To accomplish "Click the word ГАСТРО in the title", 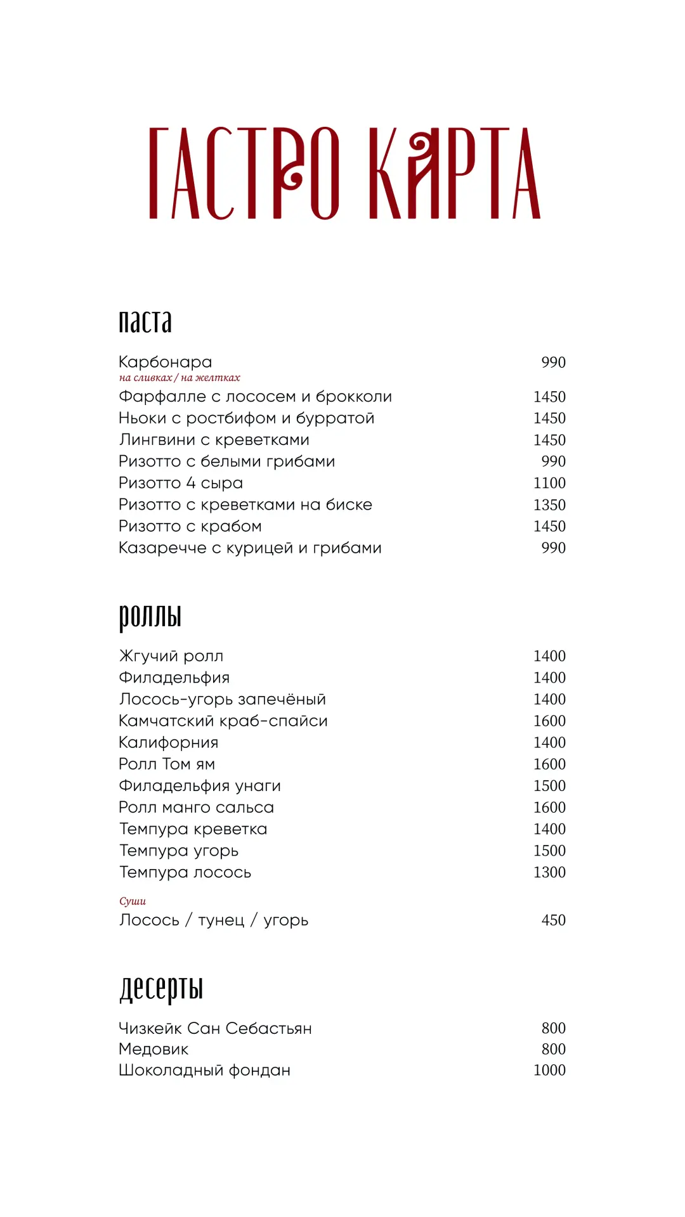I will pos(244,173).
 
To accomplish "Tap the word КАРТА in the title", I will pos(454,173).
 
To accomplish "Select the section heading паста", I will pos(145,321).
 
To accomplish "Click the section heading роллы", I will pos(150,615).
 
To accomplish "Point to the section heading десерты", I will pos(161,988).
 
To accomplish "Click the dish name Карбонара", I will pos(166,362).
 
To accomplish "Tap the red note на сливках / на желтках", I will pos(179,378).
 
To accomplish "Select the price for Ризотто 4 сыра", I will pos(549,483).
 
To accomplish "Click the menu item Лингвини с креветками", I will pos(214,440).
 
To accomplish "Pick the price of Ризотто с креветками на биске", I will pos(549,505).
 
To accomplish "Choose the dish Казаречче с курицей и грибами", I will pos(250,548).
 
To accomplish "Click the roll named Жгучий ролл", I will pos(171,656).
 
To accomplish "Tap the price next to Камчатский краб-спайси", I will pos(549,721).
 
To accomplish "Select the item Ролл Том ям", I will pos(167,764).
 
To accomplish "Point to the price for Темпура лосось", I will pos(549,872).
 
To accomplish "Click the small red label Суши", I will pos(133,901).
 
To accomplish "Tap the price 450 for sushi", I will pos(553,920).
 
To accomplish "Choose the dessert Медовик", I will pos(153,1049).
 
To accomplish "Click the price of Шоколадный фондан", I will pos(549,1070).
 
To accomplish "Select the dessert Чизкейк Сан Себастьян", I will pos(215,1028).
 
